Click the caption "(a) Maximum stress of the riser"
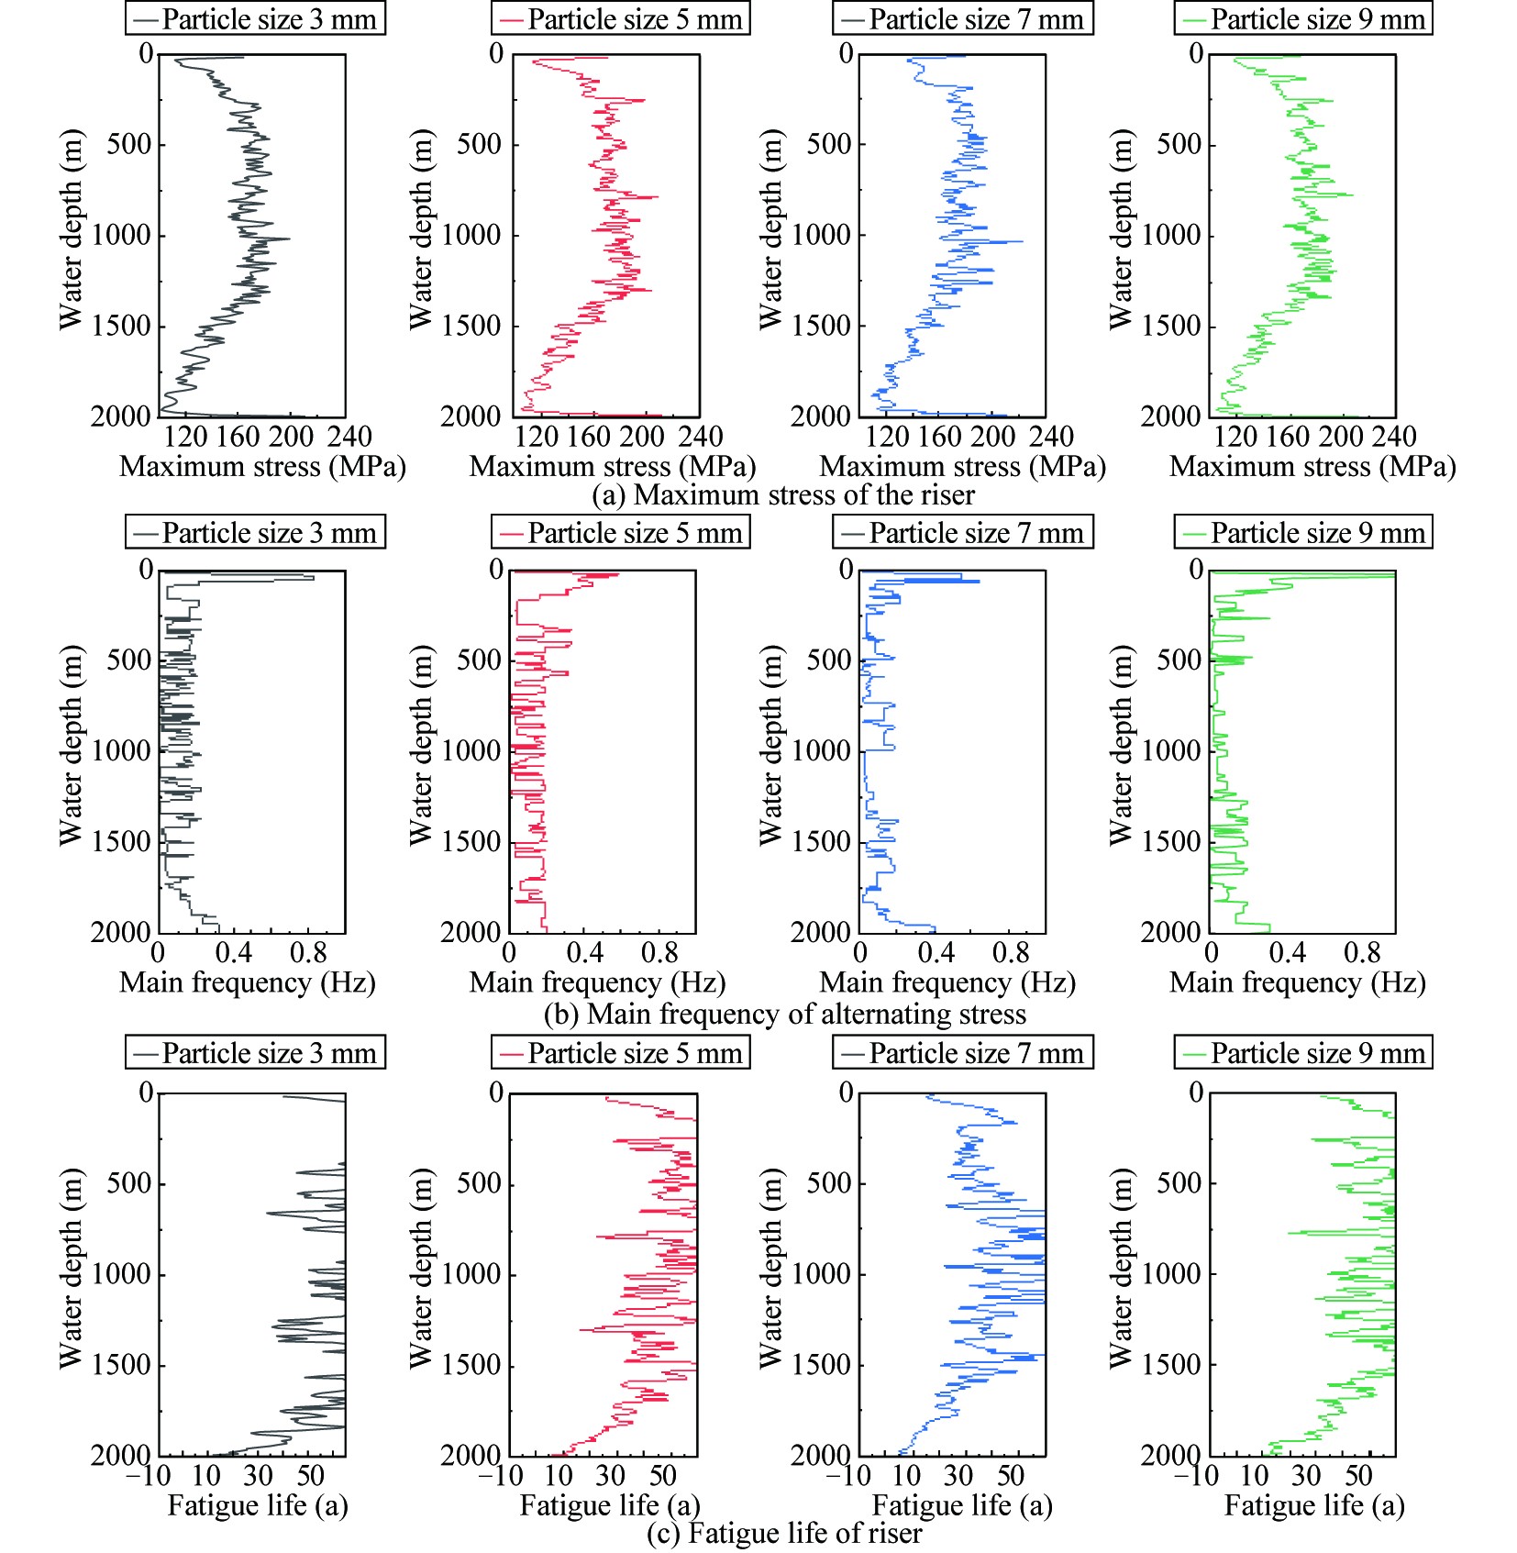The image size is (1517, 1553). tap(783, 495)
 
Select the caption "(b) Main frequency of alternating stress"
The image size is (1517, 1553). tap(784, 1014)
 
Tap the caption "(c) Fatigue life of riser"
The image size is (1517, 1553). tap(784, 1533)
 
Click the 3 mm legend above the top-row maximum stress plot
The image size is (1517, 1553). tap(255, 19)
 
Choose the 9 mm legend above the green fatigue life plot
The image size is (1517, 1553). tap(1302, 1053)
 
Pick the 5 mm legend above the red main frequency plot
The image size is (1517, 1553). tap(620, 533)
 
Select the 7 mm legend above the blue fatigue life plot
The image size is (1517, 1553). tap(962, 1053)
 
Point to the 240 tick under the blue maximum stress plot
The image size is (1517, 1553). tap(1051, 437)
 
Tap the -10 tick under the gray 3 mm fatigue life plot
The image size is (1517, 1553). tap(148, 1476)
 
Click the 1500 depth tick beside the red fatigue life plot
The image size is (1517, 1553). tap(471, 1365)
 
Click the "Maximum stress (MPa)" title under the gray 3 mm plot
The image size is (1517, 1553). tap(262, 467)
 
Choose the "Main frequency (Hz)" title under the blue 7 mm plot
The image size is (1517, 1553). tap(947, 982)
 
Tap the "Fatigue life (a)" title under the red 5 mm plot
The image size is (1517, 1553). tap(610, 1505)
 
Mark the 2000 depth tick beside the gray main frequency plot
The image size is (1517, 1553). tap(121, 932)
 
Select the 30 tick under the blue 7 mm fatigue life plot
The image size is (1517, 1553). tap(958, 1476)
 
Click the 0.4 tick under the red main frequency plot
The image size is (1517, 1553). tap(585, 954)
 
